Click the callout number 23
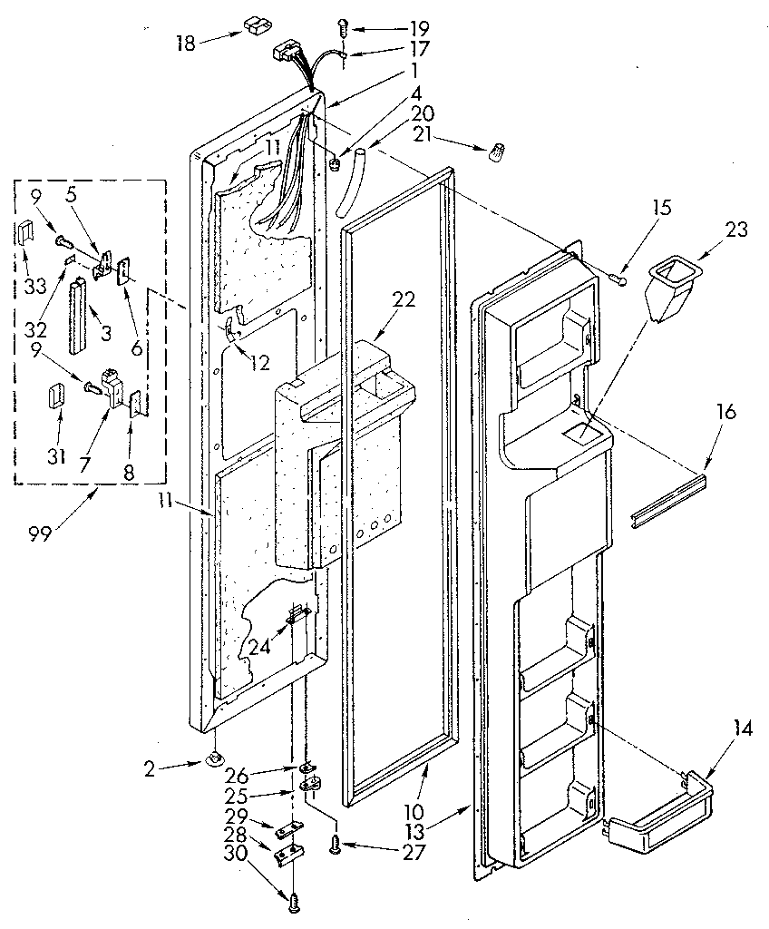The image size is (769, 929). tap(736, 229)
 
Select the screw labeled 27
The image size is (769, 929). tap(335, 845)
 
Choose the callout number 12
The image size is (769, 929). tap(259, 363)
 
